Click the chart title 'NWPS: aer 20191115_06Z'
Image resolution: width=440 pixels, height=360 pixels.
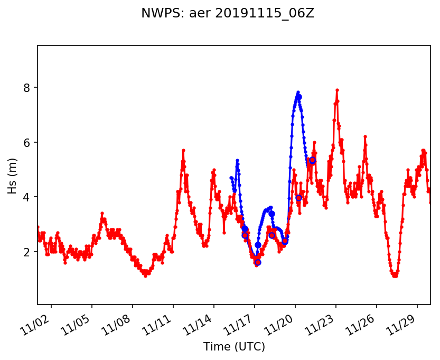coord(228,13)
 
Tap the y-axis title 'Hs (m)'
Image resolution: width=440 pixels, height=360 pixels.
coord(13,174)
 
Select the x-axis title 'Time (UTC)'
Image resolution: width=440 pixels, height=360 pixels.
coord(234,347)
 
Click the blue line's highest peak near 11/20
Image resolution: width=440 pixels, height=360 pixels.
coord(298,92)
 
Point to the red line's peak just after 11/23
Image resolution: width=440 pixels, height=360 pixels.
coord(337,90)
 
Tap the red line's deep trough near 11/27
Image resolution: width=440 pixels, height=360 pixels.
coord(395,275)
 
